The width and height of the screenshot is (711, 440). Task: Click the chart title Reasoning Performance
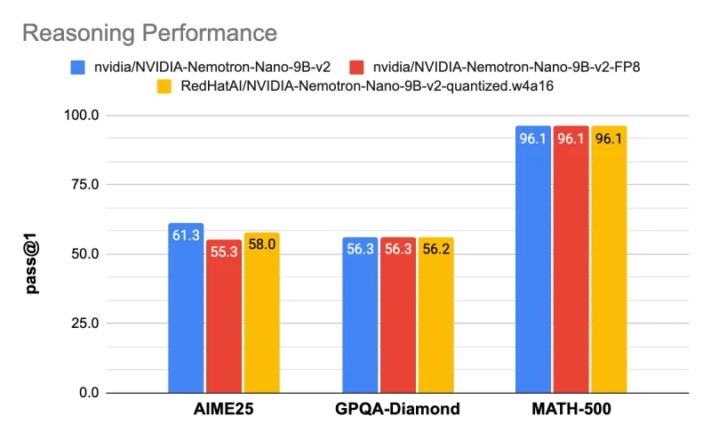(149, 33)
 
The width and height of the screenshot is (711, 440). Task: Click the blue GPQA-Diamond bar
(360, 315)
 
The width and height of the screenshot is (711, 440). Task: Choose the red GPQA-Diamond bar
(397, 315)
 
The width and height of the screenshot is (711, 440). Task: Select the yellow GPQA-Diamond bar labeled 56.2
(435, 315)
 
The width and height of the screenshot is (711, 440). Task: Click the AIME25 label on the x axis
(223, 410)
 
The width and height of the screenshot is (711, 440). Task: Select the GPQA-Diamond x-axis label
(397, 410)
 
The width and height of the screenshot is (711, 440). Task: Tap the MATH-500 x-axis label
(571, 410)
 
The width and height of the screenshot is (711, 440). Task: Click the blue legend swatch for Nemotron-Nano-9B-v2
(77, 67)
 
